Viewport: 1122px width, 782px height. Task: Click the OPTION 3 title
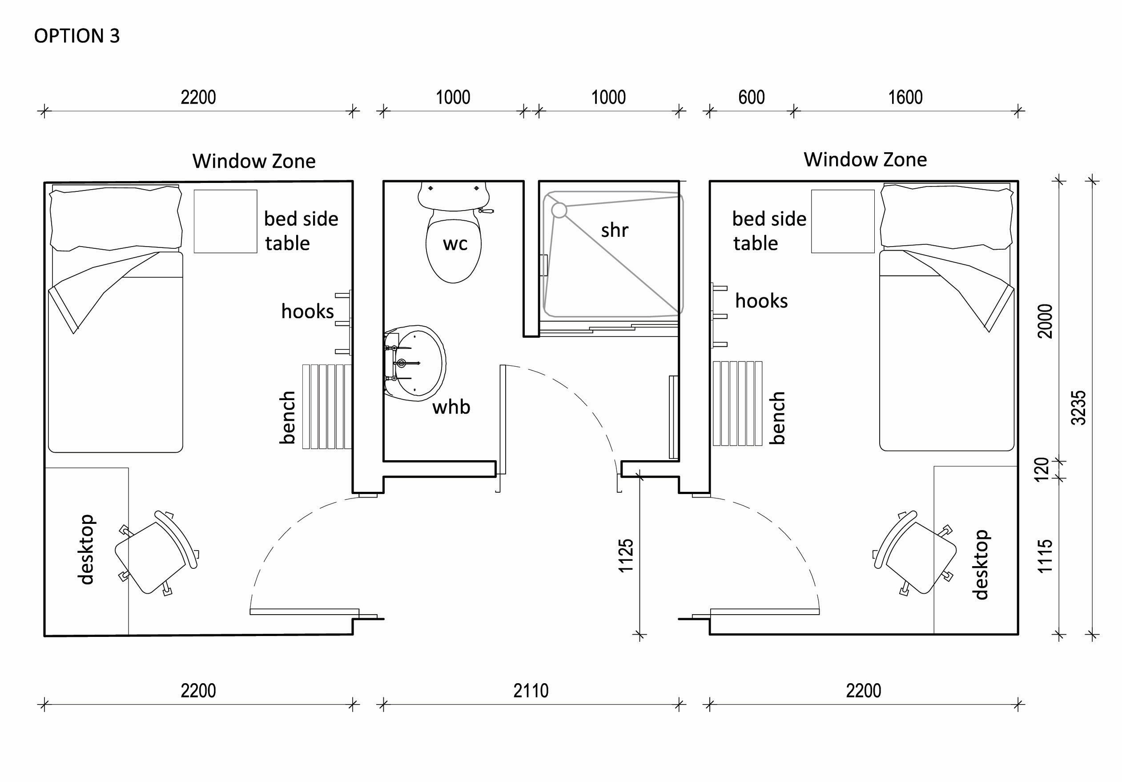[x=77, y=36]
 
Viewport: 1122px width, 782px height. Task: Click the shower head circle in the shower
[x=559, y=210]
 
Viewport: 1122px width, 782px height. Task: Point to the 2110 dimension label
[x=531, y=691]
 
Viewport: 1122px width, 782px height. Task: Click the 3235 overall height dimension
[x=1078, y=407]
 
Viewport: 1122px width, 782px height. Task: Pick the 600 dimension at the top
[x=751, y=97]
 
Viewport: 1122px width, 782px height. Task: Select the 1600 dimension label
[x=905, y=97]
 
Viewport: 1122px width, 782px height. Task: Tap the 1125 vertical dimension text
[x=626, y=555]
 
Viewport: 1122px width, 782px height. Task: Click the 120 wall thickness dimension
[x=1042, y=469]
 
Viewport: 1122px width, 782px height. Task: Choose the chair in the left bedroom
[x=155, y=553]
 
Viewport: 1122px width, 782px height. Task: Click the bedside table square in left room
[x=225, y=222]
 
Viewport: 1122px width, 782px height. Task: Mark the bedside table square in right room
[x=842, y=222]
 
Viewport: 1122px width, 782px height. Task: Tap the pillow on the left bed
[x=116, y=218]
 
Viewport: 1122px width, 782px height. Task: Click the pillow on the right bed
[x=947, y=217]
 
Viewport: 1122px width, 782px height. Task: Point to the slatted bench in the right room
[x=737, y=404]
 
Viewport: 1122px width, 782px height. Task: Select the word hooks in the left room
[x=307, y=311]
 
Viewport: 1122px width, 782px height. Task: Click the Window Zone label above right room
[x=865, y=159]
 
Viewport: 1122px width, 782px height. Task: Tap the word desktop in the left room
[x=86, y=549]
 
